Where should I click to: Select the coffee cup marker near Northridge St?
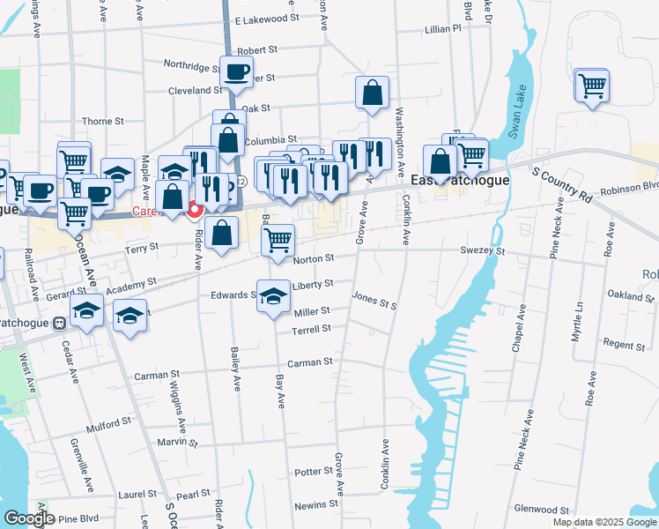236,72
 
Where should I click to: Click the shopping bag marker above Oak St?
373,92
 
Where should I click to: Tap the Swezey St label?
486,251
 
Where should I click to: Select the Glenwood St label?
542,510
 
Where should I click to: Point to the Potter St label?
313,473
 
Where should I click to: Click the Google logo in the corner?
29,518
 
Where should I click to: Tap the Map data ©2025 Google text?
603,522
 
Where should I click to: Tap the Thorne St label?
102,122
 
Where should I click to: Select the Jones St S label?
375,299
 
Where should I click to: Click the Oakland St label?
632,296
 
